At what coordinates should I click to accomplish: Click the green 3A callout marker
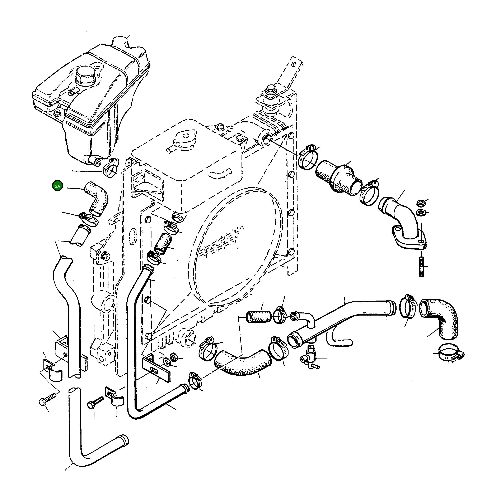[x=57, y=186]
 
